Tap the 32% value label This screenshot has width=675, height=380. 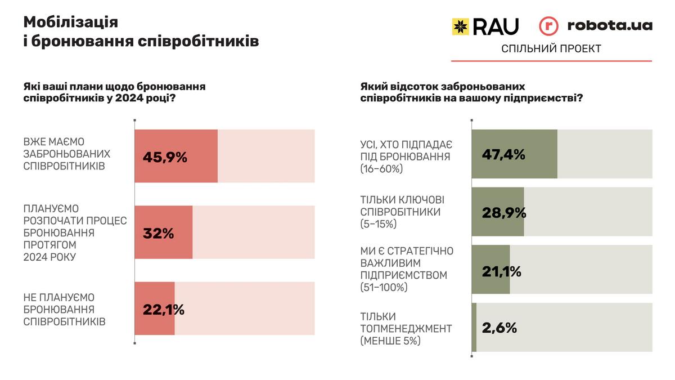pos(159,233)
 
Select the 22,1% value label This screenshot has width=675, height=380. pos(164,309)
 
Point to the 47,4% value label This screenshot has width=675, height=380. pos(503,154)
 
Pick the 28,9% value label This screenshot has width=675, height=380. pos(504,213)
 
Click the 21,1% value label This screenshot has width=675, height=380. pos(502,271)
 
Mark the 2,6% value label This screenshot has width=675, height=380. pos(499,328)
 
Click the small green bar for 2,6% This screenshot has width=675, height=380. pos(474,328)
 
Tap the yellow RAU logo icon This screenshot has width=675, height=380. pos(461,26)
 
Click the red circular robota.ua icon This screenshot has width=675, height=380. pos(548,26)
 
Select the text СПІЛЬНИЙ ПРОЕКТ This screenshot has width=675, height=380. pos(551,49)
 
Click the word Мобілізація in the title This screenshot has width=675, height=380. pos(71,22)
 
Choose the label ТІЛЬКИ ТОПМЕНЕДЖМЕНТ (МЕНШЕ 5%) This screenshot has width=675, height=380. pos(406,328)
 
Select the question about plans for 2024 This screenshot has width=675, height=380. pos(114,92)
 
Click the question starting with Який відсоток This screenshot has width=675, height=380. pos(471,92)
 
